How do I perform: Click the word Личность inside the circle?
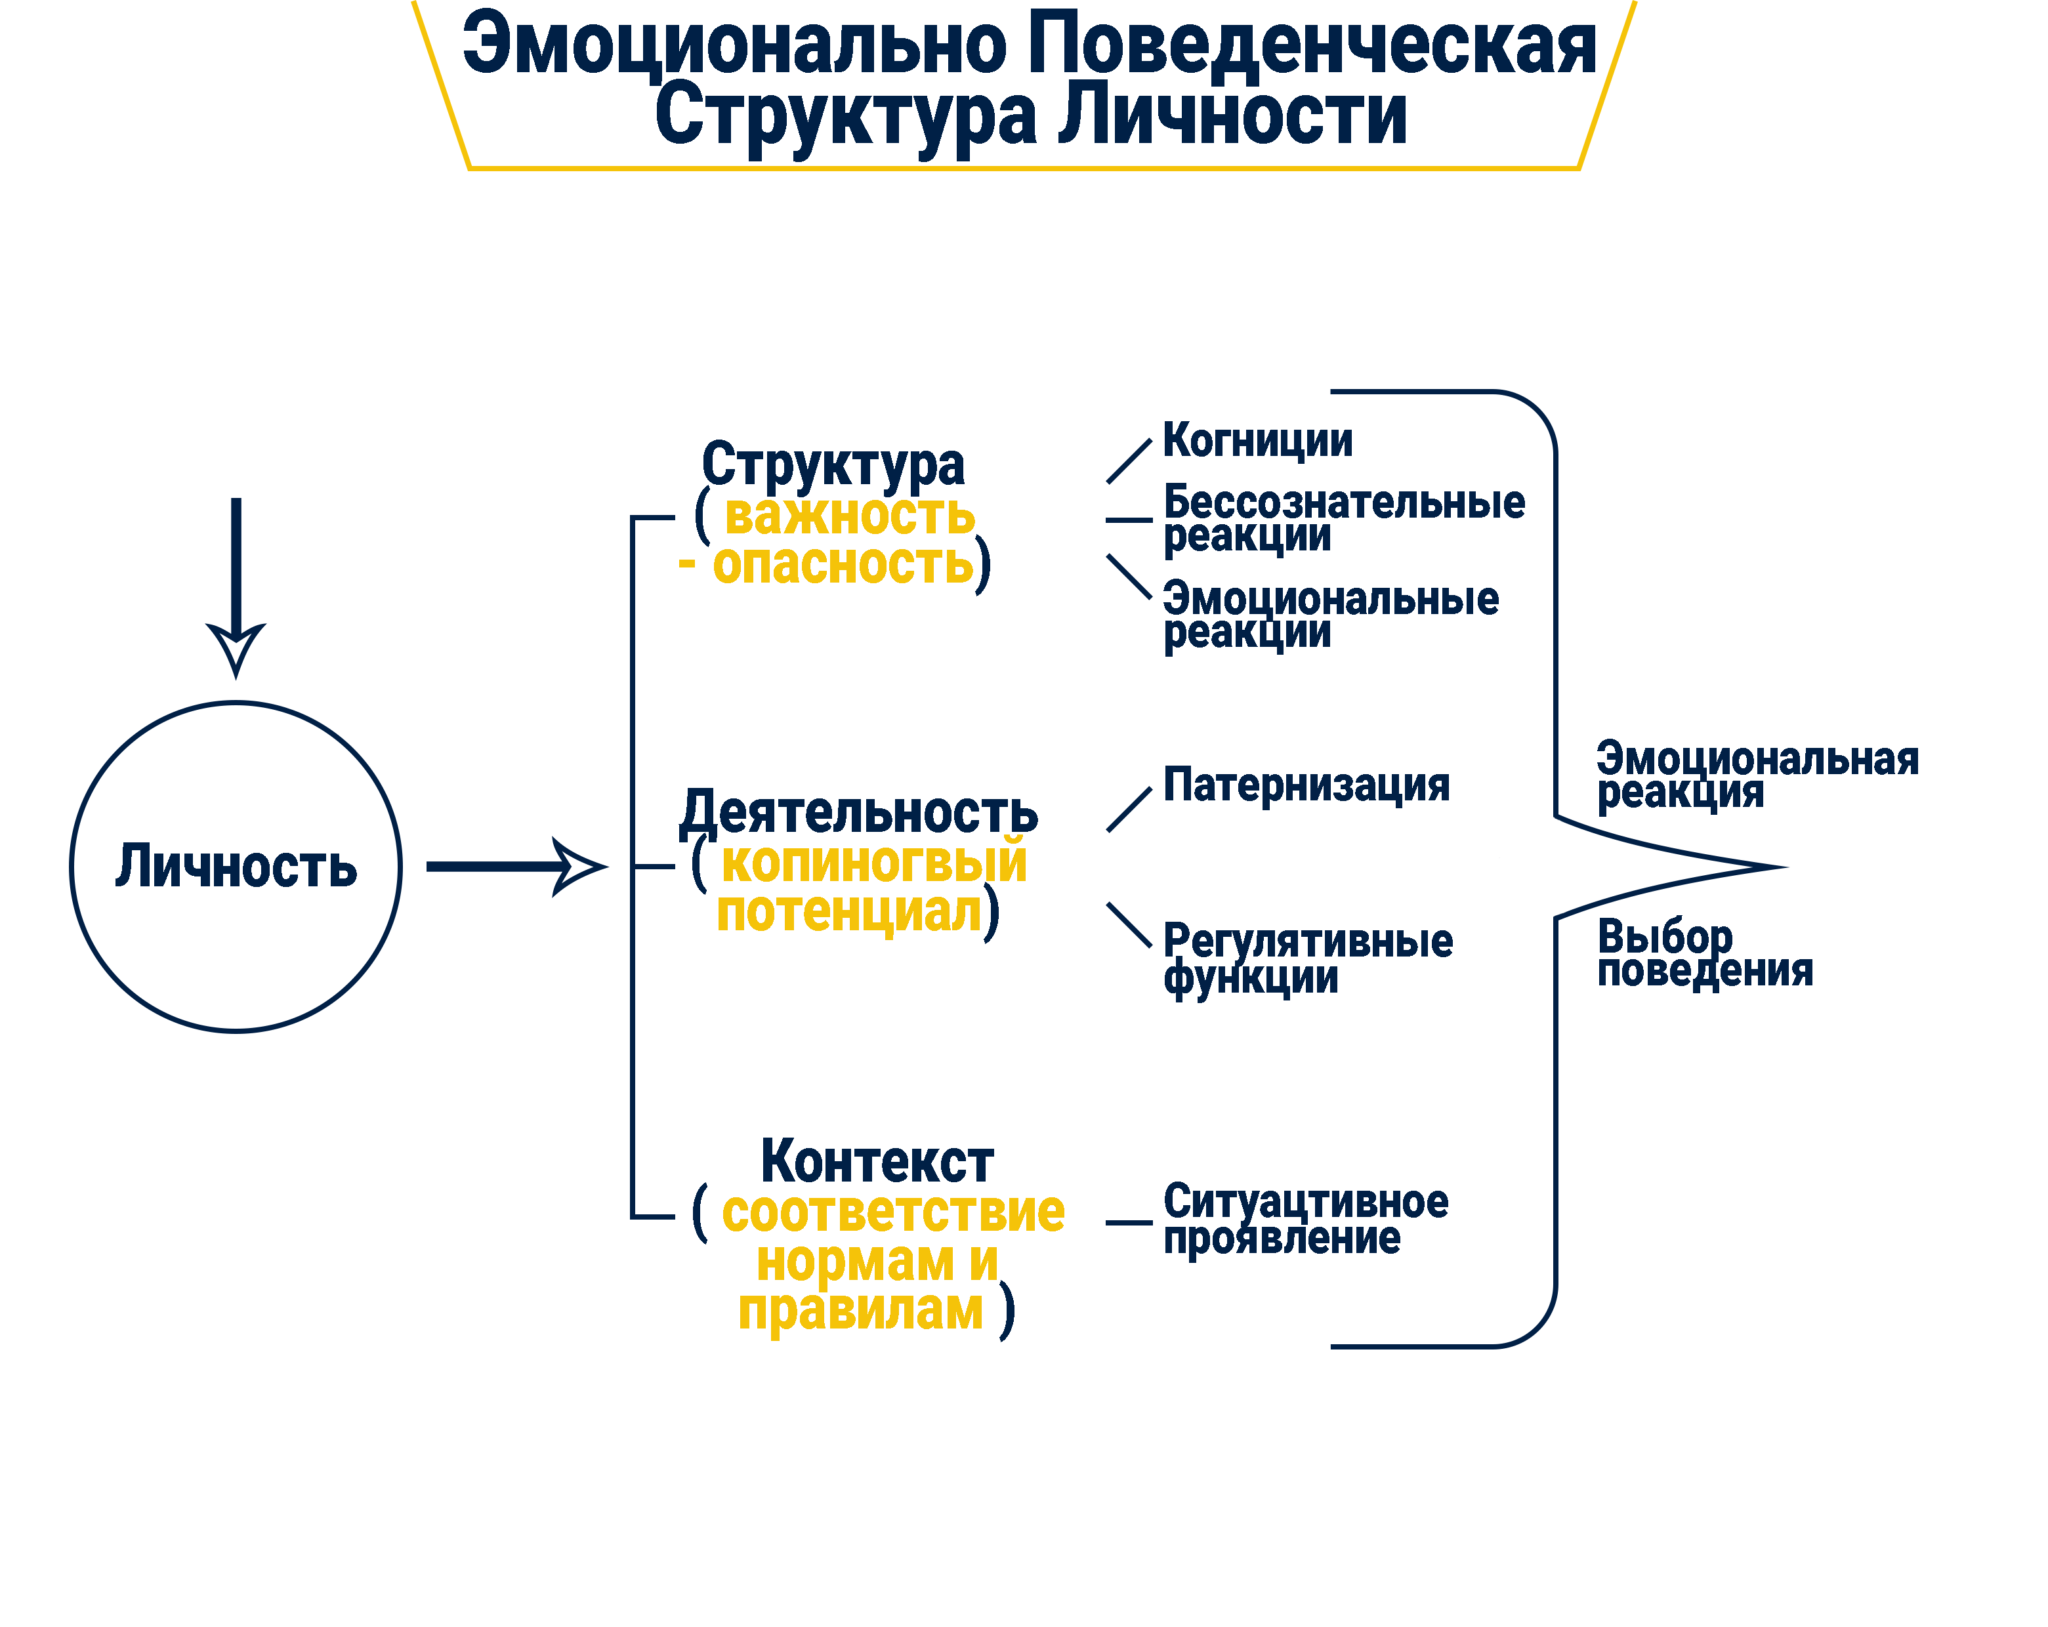[236, 866]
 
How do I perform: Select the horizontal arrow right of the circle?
[514, 866]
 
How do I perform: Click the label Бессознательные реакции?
[1343, 518]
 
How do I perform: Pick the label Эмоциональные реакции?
[1330, 615]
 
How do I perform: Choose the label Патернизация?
[1306, 785]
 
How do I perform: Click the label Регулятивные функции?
[1307, 958]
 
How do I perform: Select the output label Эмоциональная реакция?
[1757, 774]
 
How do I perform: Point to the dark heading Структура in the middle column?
[833, 465]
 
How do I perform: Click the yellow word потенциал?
[848, 913]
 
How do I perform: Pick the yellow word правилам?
[861, 1311]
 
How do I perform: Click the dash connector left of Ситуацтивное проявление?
[1129, 1222]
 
